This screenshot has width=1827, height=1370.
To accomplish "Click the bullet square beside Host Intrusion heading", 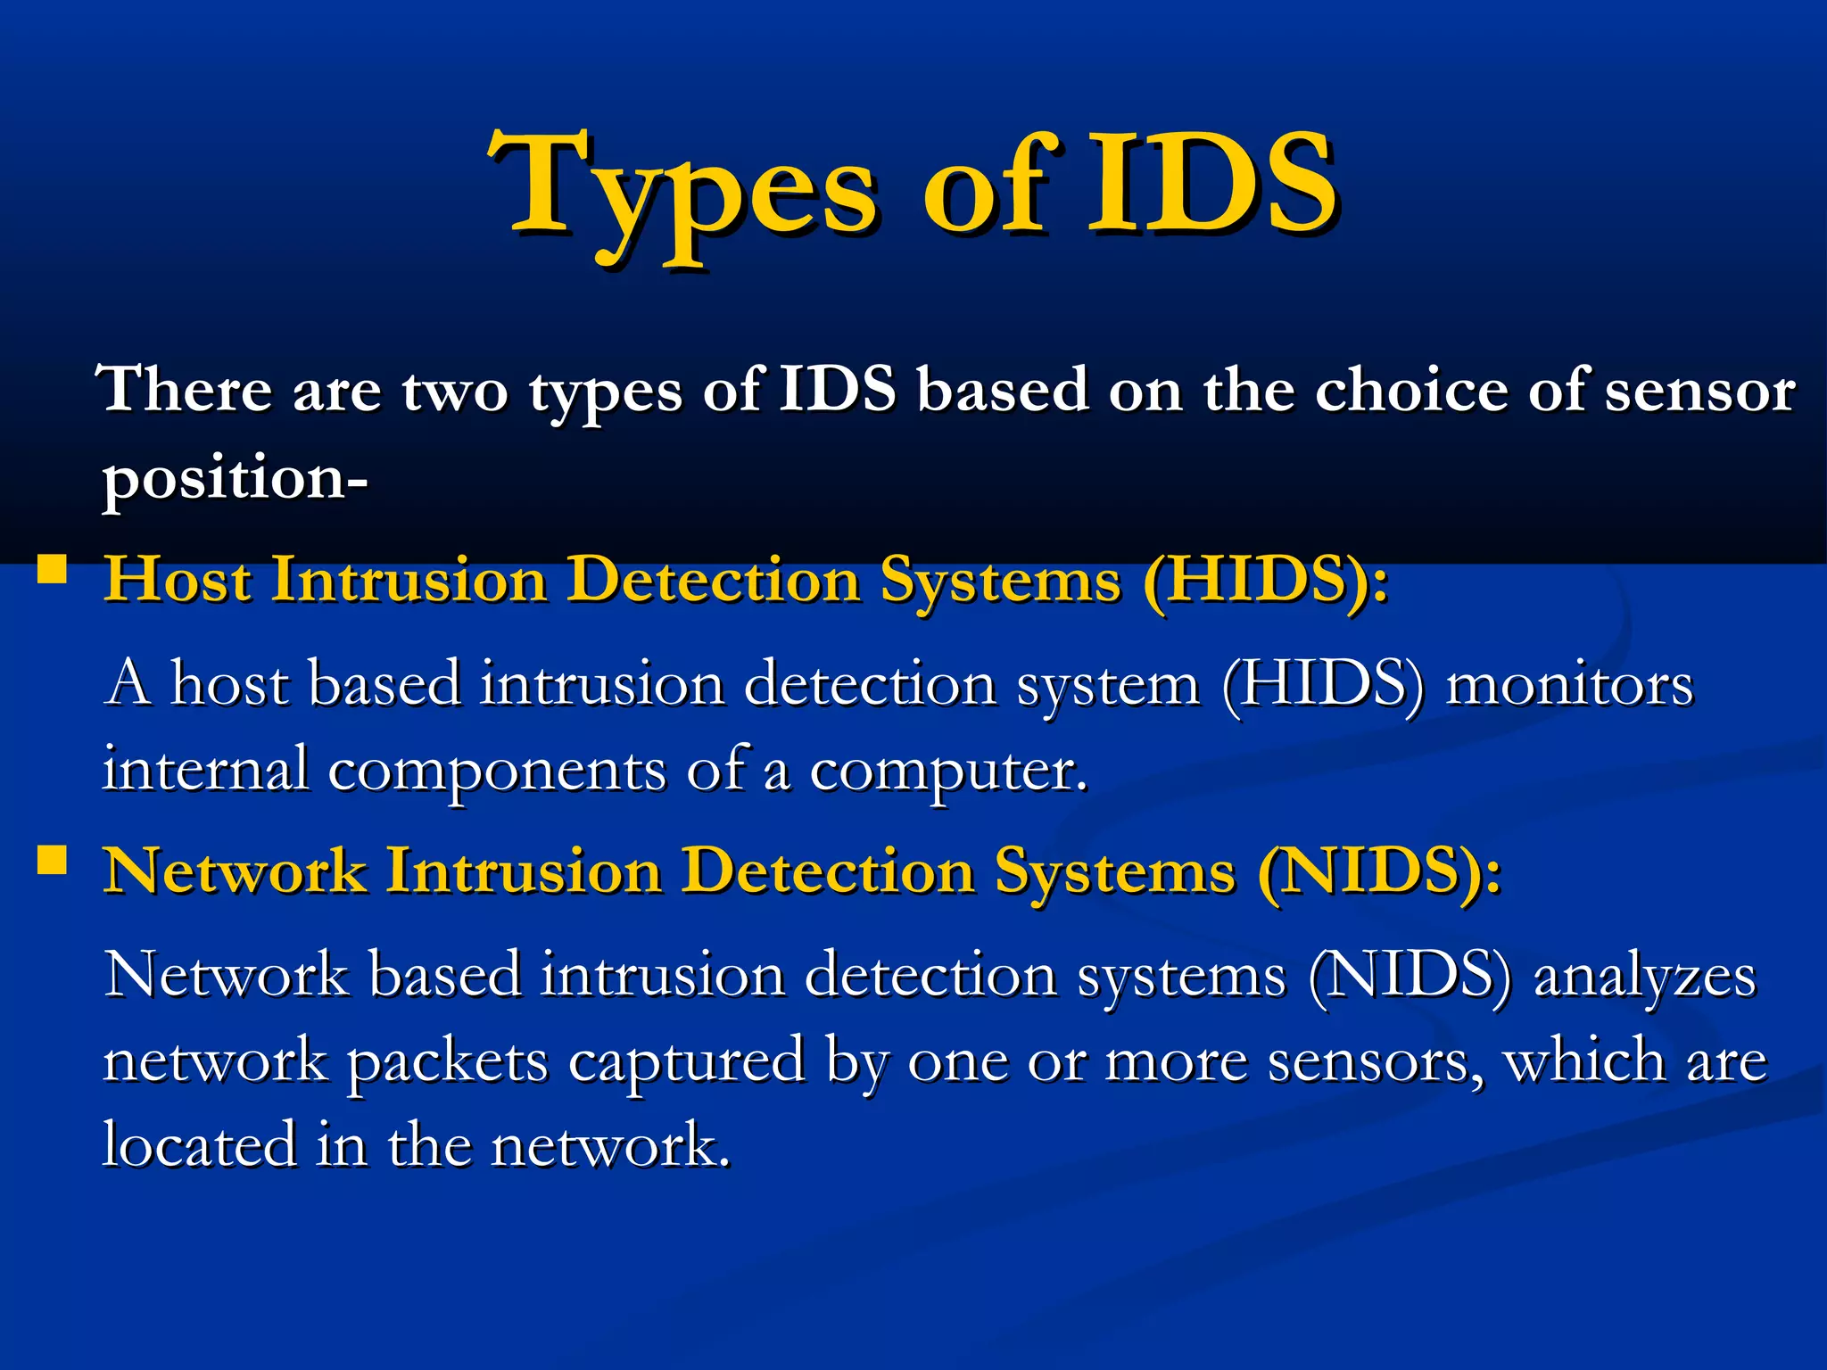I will tap(52, 569).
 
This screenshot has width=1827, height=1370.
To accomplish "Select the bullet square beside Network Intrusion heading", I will tap(52, 860).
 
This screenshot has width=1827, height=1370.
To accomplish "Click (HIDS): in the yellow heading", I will tap(1265, 580).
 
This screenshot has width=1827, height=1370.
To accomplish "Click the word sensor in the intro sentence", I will tap(1700, 391).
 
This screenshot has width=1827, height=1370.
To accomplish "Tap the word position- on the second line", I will tap(235, 480).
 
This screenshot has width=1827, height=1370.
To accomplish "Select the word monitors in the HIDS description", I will tap(1569, 685).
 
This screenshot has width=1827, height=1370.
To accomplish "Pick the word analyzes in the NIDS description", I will tap(1644, 976).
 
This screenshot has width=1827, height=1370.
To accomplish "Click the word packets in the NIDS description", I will tap(447, 1061).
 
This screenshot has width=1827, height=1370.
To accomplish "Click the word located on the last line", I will tap(199, 1145).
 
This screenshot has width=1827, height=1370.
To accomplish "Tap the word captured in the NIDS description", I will tap(686, 1061).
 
